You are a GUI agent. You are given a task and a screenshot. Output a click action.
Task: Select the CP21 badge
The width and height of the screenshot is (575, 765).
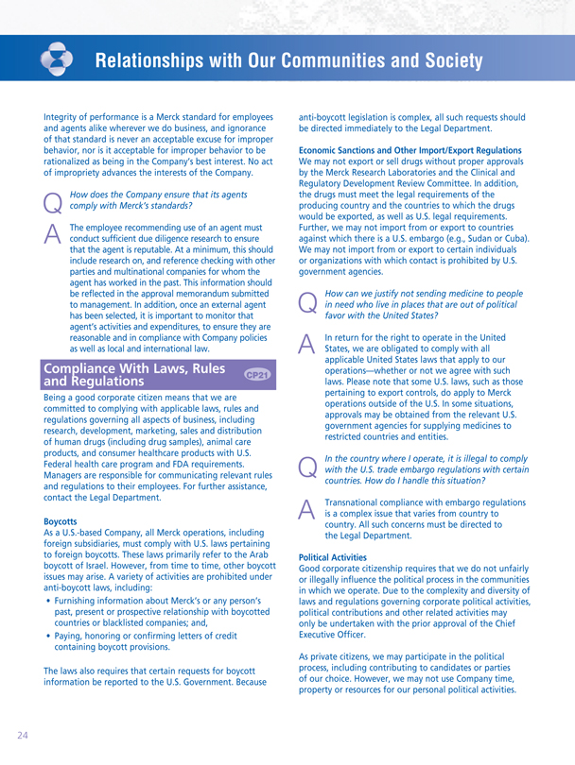[x=257, y=374]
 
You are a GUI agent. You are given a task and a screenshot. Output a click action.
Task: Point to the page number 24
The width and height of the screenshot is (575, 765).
[x=21, y=732]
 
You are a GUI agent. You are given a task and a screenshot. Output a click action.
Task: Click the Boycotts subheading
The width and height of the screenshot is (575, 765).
[x=64, y=519]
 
